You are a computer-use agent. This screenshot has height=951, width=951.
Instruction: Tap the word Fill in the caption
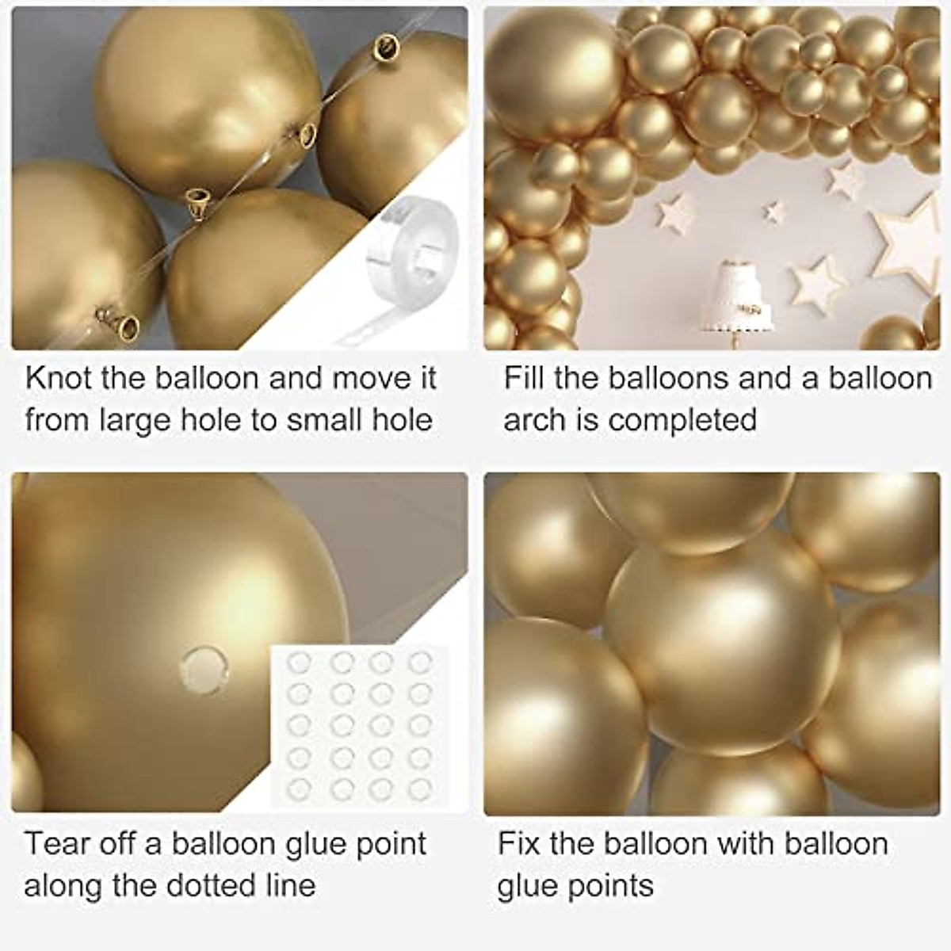click(x=524, y=378)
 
